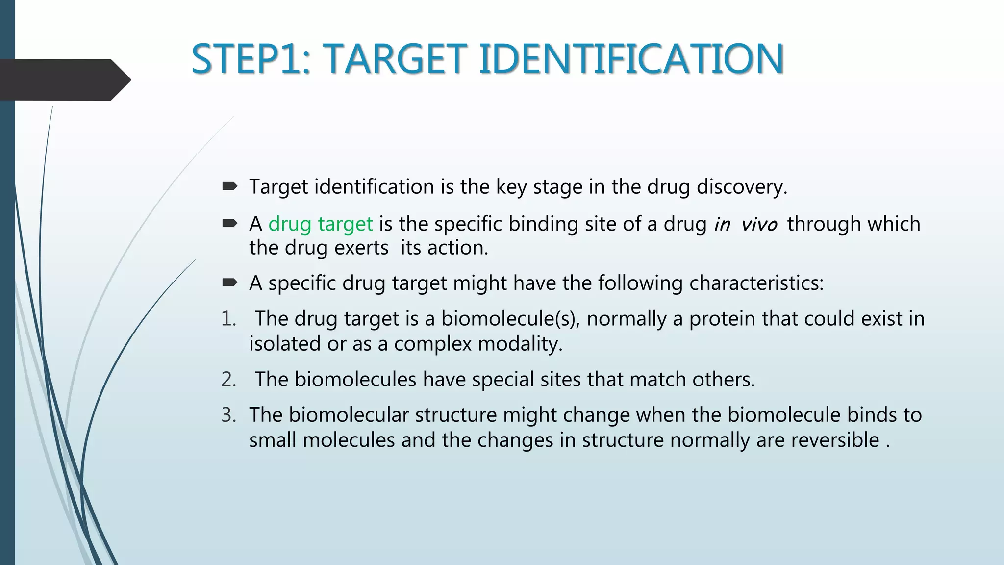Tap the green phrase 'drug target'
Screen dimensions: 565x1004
[x=321, y=224]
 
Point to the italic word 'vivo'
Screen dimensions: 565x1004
[x=759, y=224]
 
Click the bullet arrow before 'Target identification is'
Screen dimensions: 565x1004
[x=229, y=186]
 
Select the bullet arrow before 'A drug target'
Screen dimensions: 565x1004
[x=229, y=224]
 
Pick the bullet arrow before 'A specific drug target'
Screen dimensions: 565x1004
[x=229, y=282]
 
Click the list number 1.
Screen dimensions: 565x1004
[x=228, y=319]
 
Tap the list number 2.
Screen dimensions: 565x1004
[x=228, y=379]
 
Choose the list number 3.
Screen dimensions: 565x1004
[x=228, y=415]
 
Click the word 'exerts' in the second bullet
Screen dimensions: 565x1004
[x=361, y=248]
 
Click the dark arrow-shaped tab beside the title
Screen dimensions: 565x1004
[x=64, y=79]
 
